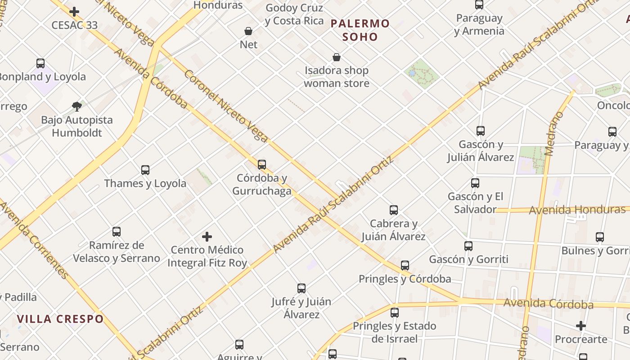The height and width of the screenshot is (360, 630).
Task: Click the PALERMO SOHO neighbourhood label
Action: pyautogui.click(x=360, y=30)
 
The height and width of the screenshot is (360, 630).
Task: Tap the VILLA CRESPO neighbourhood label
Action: pyautogui.click(x=60, y=319)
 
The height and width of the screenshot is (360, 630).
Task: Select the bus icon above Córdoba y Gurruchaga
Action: pyautogui.click(x=262, y=165)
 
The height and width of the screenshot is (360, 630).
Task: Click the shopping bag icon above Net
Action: pyautogui.click(x=248, y=31)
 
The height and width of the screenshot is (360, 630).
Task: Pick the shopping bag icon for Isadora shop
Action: pyautogui.click(x=336, y=57)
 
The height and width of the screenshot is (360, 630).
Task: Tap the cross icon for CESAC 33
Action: pyautogui.click(x=74, y=12)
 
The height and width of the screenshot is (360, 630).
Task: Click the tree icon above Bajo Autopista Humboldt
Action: pyautogui.click(x=77, y=107)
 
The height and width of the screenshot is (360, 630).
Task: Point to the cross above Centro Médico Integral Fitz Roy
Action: pyautogui.click(x=207, y=237)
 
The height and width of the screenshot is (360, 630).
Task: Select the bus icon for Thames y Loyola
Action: pyautogui.click(x=145, y=170)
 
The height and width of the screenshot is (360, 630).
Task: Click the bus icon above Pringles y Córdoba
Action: pyautogui.click(x=405, y=265)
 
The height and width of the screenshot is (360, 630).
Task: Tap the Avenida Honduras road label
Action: pyautogui.click(x=577, y=210)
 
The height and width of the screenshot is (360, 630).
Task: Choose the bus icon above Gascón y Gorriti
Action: pyautogui.click(x=468, y=246)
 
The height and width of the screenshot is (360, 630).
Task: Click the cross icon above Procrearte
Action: pyautogui.click(x=581, y=326)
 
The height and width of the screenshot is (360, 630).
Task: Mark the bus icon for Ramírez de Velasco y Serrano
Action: pyautogui.click(x=117, y=232)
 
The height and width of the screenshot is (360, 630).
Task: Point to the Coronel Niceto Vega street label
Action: pyautogui.click(x=226, y=106)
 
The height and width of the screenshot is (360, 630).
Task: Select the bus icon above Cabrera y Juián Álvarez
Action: pyautogui.click(x=394, y=210)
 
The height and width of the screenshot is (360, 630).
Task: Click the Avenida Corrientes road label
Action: pyautogui.click(x=34, y=241)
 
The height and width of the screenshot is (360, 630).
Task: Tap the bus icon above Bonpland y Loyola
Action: pyautogui.click(x=40, y=63)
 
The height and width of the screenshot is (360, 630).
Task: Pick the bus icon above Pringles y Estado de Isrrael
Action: pyautogui.click(x=395, y=312)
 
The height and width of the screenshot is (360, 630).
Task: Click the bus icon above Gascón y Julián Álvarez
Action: pyautogui.click(x=481, y=131)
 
